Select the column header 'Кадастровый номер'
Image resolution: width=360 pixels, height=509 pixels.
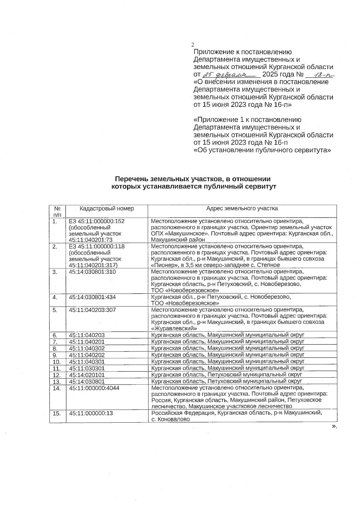107,208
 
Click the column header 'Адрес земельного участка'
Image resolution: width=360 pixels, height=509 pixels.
242,208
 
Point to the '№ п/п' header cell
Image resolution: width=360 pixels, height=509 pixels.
58,211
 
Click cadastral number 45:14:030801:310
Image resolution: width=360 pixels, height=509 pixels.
92,272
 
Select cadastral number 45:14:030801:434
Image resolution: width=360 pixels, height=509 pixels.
92,297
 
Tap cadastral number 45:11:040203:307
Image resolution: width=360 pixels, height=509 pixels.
92,310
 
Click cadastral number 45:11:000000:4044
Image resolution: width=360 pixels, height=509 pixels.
94,388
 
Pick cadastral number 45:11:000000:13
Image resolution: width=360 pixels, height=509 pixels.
91,413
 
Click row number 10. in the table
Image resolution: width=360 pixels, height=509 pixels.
57,362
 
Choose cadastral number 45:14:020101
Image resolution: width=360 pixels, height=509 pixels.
87,375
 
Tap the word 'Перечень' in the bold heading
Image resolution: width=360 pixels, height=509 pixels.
130,179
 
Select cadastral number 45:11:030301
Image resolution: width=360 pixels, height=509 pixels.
87,368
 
